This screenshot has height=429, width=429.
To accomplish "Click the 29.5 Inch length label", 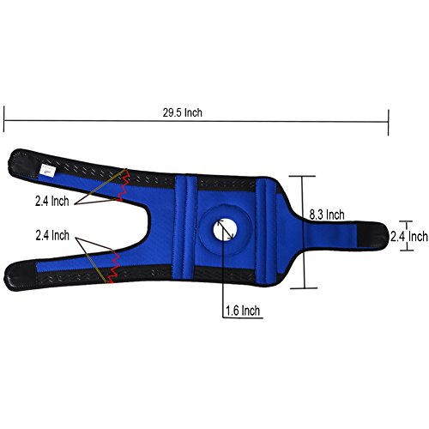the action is click(183, 112).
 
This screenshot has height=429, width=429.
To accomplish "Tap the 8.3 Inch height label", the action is click(327, 214).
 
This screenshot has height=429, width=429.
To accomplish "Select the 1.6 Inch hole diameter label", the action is click(243, 311).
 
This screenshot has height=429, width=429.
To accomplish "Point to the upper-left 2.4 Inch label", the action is click(52, 202).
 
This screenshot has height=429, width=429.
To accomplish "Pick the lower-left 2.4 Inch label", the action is click(52, 235).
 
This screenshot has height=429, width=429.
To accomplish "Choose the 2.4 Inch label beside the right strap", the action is click(409, 237).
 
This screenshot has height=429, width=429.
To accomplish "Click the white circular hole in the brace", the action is click(225, 230).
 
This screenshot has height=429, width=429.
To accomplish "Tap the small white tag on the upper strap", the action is click(48, 171).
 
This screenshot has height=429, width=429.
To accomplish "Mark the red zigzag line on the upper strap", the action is click(124, 184).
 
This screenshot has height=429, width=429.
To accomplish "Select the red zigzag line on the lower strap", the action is click(113, 267).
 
